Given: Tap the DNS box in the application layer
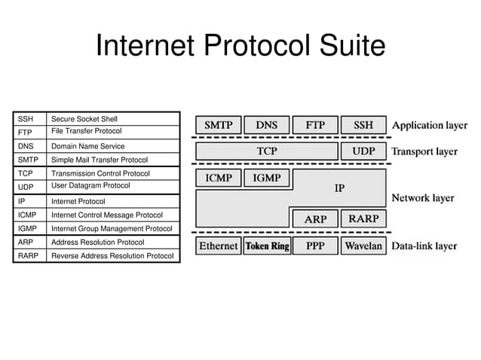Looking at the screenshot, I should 266,125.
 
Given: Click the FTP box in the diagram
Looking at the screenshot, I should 314,125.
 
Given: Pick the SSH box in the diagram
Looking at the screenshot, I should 363,125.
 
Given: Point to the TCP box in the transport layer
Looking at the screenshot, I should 266,151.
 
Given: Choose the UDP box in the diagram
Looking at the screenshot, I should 363,151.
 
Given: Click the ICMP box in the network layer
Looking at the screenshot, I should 219,178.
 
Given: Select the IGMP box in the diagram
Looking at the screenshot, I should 266,178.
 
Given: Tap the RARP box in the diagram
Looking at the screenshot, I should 363,219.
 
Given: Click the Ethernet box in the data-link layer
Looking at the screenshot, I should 218,246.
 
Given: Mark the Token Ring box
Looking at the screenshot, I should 266,246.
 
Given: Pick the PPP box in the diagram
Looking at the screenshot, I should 314,246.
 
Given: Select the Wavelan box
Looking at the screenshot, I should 363,246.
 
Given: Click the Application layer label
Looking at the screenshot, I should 429,125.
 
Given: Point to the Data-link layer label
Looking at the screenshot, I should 424,246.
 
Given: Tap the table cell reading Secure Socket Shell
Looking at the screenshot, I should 113,119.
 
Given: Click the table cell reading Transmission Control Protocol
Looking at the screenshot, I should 113,173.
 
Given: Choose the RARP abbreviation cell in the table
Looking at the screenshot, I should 30,256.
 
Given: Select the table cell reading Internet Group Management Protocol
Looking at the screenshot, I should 113,228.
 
